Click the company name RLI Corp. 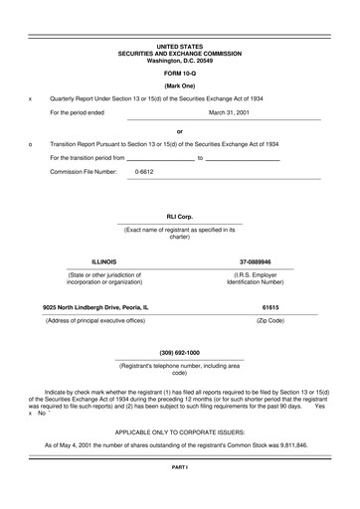(x=180, y=216)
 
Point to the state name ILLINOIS (x=104, y=261)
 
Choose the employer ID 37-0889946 (x=256, y=261)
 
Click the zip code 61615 (x=270, y=308)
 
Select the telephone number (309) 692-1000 (x=180, y=353)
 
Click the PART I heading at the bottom (x=180, y=494)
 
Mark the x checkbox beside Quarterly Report (x=31, y=99)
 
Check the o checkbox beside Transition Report (x=31, y=144)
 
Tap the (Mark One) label (x=180, y=87)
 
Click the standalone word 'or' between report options (x=180, y=130)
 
